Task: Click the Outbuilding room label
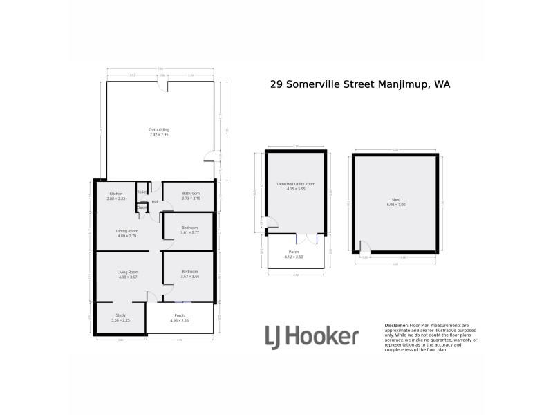[x=159, y=130]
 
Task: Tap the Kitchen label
[x=115, y=194]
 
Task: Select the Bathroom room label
[x=191, y=194]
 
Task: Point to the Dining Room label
[x=128, y=231]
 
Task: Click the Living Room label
[x=128, y=273]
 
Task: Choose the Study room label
[x=120, y=315]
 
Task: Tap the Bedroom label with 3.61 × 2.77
[x=189, y=228]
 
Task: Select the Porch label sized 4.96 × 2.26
[x=179, y=315]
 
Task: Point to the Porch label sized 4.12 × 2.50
[x=294, y=252]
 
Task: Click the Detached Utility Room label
[x=296, y=184]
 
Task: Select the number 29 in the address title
[x=276, y=84]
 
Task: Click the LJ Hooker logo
[x=312, y=337]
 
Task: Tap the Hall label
[x=156, y=202]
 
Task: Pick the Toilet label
[x=142, y=192]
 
